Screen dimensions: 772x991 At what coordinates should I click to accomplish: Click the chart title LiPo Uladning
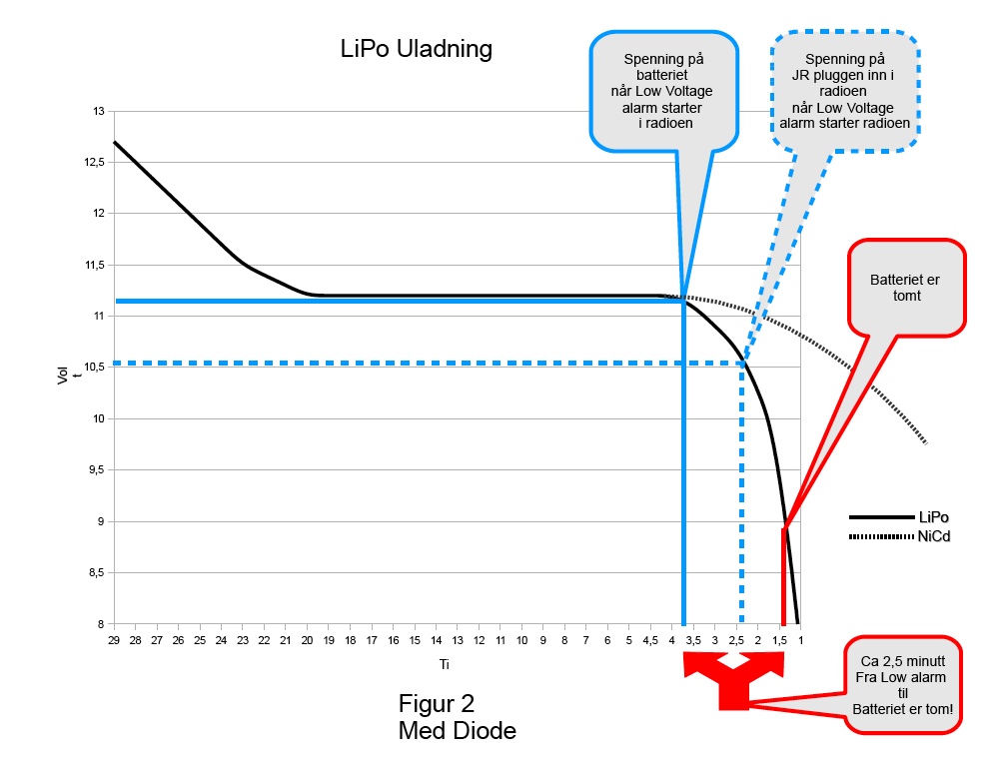click(416, 49)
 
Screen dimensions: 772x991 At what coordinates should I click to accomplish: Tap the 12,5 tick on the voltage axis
click(96, 162)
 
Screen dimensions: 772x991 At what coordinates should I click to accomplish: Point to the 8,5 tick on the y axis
click(97, 573)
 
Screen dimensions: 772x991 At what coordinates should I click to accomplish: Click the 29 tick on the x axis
click(114, 639)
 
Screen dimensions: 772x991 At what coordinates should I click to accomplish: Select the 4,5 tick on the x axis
click(650, 639)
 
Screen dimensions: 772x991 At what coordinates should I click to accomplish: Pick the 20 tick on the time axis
click(307, 639)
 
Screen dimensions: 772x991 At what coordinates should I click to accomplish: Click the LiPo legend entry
click(933, 517)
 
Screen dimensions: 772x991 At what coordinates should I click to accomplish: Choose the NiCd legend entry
click(934, 537)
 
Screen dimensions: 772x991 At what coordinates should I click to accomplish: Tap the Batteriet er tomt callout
click(906, 288)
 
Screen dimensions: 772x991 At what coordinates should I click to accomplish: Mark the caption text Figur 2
click(436, 702)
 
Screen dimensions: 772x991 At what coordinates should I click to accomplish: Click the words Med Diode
click(457, 731)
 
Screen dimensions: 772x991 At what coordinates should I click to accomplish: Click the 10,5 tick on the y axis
click(96, 368)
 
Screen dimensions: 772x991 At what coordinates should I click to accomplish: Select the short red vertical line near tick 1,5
click(783, 579)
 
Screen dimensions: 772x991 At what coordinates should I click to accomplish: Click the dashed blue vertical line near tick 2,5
click(741, 499)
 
